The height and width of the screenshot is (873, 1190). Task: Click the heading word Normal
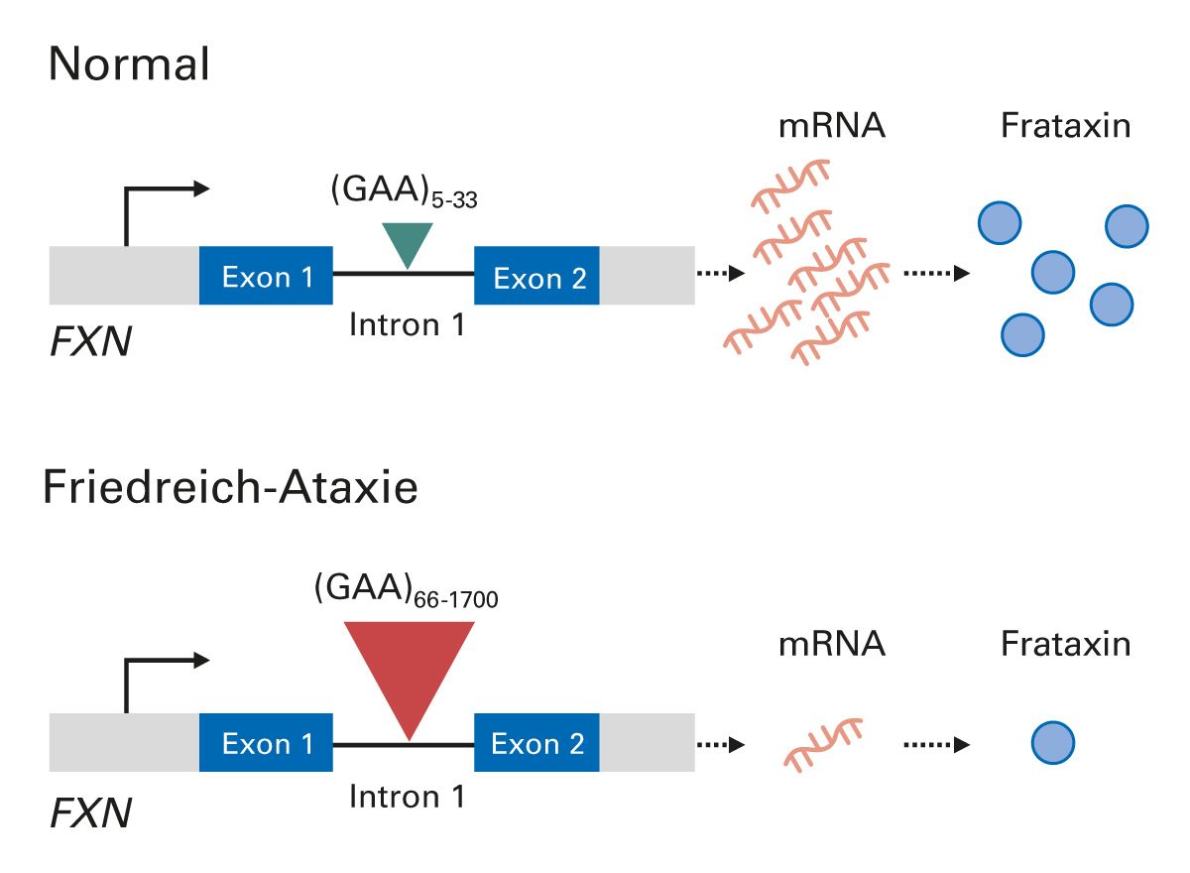(x=129, y=65)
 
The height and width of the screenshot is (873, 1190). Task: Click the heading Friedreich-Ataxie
(x=230, y=490)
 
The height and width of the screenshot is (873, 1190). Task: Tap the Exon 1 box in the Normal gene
(x=267, y=276)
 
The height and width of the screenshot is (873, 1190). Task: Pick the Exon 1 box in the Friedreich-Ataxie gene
(x=267, y=742)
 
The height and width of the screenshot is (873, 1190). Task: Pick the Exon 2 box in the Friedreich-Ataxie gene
(x=537, y=742)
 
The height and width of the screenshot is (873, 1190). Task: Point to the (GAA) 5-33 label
(x=406, y=193)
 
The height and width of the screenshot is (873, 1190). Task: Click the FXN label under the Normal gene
(x=90, y=344)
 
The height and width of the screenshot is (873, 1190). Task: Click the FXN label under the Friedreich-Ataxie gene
(x=90, y=814)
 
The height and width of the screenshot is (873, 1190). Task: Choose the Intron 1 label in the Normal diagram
(x=408, y=324)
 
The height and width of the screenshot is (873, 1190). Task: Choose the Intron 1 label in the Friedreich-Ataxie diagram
(x=408, y=796)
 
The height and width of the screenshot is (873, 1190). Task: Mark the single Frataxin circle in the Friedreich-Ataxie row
(x=1052, y=743)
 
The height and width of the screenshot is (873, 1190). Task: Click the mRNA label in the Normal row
(x=831, y=127)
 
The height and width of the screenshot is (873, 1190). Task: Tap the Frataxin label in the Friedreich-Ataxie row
(x=1065, y=645)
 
